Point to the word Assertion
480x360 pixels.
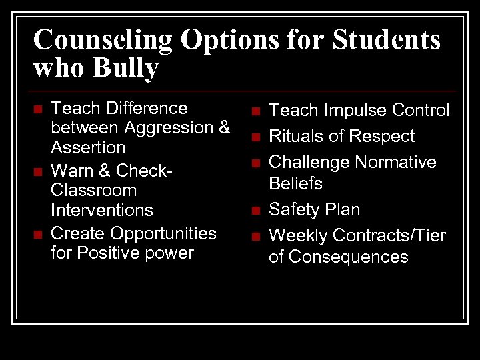coord(88,147)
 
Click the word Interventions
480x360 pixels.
coord(102,210)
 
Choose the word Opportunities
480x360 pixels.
coord(163,233)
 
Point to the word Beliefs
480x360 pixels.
coord(295,183)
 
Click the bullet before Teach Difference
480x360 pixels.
coord(38,108)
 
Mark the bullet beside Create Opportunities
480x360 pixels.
coord(38,234)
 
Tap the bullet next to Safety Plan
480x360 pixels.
coord(255,211)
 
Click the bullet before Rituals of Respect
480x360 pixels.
coord(255,137)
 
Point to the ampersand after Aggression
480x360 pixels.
coord(224,127)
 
